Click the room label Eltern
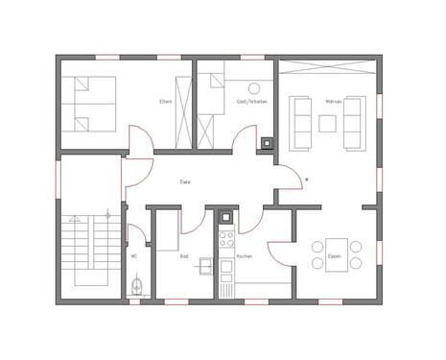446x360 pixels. [x=166, y=102]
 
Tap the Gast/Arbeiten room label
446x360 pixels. [x=251, y=102]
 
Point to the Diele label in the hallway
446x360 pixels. [x=185, y=180]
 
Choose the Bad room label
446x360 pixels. [x=183, y=256]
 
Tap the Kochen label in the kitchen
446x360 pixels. [x=243, y=256]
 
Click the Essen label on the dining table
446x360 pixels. [x=334, y=256]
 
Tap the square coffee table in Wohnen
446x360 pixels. [x=327, y=122]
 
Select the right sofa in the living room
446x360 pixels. [x=356, y=122]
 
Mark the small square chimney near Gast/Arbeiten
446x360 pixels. [x=266, y=146]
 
